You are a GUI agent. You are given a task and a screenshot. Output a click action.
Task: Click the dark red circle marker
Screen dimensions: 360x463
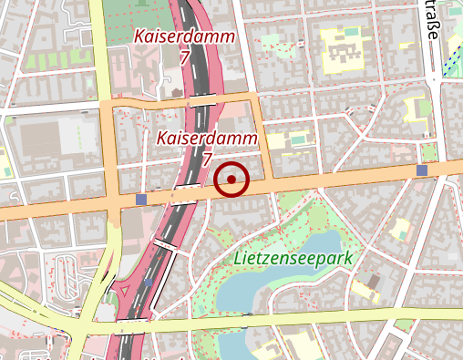point(232,180)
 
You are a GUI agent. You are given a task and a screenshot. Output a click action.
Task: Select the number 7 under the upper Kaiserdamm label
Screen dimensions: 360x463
point(185,57)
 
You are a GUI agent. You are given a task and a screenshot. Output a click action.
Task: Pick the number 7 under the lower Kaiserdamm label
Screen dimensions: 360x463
point(208,159)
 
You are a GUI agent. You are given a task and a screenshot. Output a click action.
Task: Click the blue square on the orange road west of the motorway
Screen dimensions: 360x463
point(139,199)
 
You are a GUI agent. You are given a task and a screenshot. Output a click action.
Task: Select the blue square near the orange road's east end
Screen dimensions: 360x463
point(422,170)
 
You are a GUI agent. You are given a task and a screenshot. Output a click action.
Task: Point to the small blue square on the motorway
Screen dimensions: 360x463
point(149,283)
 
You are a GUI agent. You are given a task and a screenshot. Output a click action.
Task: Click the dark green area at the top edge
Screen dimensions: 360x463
point(137,9)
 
